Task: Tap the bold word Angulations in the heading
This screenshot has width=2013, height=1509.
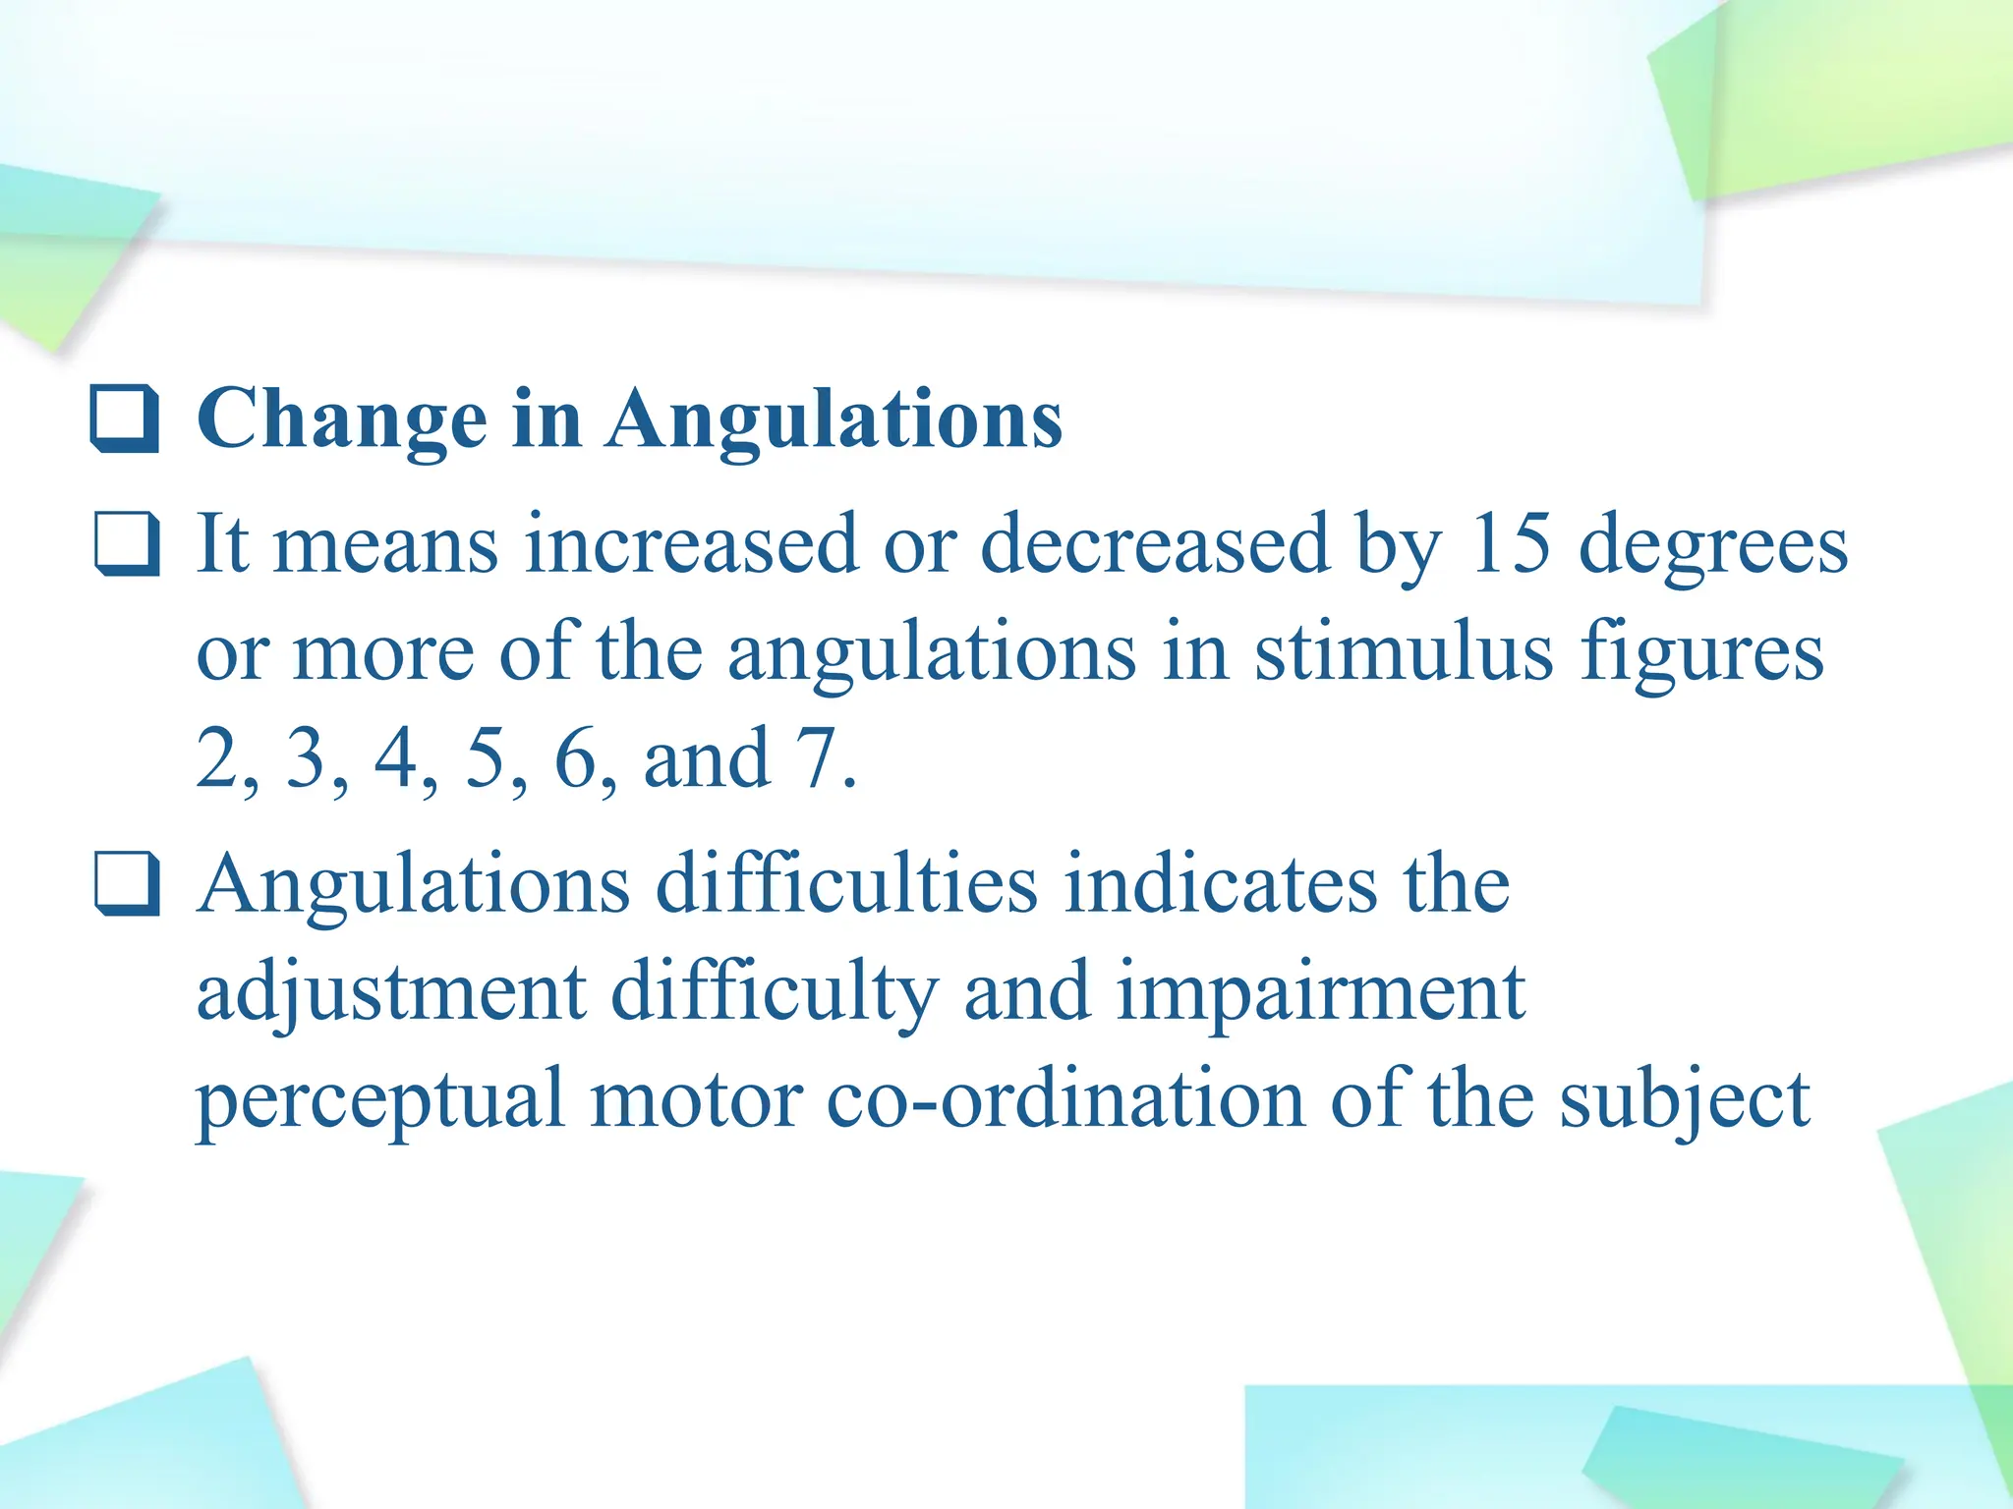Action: tap(834, 419)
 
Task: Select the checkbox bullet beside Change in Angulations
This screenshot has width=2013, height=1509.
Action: tap(125, 419)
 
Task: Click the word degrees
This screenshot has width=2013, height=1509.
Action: tap(1712, 546)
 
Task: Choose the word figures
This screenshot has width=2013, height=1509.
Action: tap(1701, 654)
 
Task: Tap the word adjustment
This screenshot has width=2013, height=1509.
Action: tap(391, 992)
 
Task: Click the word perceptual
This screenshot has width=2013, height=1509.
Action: tap(381, 1100)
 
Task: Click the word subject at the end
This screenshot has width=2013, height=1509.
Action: tap(1685, 1100)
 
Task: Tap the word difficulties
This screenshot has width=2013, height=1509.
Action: tap(846, 883)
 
